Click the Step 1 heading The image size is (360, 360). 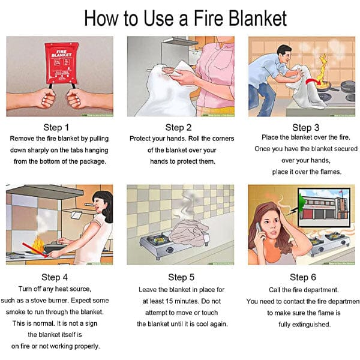pos(56,127)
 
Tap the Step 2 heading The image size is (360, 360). pos(179,127)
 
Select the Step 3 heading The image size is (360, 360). pos(301,127)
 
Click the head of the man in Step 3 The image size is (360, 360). pos(284,53)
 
